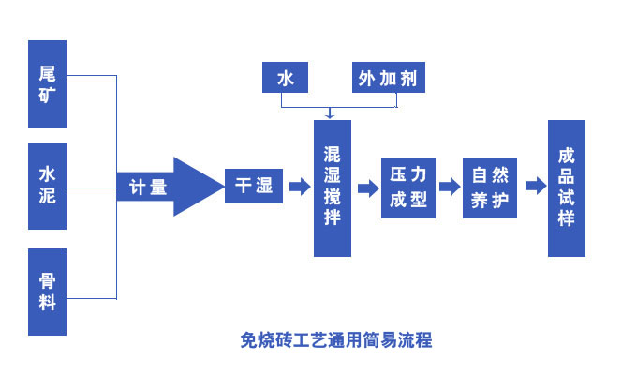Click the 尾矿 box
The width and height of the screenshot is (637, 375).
point(47,83)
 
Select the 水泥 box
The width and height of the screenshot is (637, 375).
point(47,186)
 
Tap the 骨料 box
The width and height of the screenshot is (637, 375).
point(47,292)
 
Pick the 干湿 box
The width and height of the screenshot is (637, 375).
point(253,186)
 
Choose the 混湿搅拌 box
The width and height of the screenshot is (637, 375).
point(332,187)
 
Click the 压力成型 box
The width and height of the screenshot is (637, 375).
point(408,187)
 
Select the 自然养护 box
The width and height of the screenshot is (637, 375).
point(490,187)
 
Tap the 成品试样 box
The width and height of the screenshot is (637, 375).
point(566,187)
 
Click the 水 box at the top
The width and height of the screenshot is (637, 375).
point(286,79)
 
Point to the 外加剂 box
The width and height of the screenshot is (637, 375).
point(389,79)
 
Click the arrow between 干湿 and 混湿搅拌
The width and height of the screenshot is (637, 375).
point(299,187)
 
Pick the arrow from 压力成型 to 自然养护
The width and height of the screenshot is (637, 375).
point(450,187)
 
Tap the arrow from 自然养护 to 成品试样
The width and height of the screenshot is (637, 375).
point(534,187)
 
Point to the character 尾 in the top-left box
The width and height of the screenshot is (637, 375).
point(47,73)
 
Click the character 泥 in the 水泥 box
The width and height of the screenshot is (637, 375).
point(47,197)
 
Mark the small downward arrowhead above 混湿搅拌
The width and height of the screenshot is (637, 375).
point(329,114)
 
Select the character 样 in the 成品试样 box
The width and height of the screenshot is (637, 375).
point(566,218)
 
